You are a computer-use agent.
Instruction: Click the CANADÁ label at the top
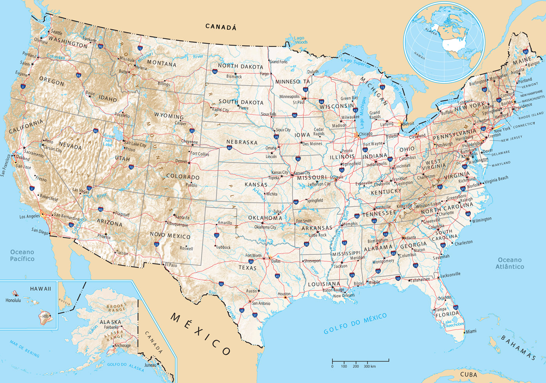click(221, 27)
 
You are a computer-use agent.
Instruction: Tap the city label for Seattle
click(57, 32)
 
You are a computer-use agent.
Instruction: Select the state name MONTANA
click(161, 63)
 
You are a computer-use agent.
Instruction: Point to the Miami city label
click(471, 331)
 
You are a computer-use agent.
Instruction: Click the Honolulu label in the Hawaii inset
click(13, 300)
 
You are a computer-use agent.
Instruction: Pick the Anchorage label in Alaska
click(122, 346)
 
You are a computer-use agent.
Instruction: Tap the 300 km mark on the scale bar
click(369, 366)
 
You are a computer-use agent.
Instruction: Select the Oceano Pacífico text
click(22, 255)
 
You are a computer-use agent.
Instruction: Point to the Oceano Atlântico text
click(510, 263)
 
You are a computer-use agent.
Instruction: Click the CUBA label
click(468, 374)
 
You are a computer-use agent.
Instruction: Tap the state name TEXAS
click(248, 268)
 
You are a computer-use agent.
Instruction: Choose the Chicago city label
click(365, 134)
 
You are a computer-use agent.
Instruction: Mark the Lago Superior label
click(356, 62)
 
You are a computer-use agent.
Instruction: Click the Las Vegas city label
click(81, 190)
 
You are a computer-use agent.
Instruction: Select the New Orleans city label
click(344, 295)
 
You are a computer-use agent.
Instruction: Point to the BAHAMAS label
click(518, 348)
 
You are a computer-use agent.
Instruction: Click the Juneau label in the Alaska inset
click(150, 365)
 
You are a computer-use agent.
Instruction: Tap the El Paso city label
click(171, 265)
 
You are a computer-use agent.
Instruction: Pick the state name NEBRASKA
click(242, 142)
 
